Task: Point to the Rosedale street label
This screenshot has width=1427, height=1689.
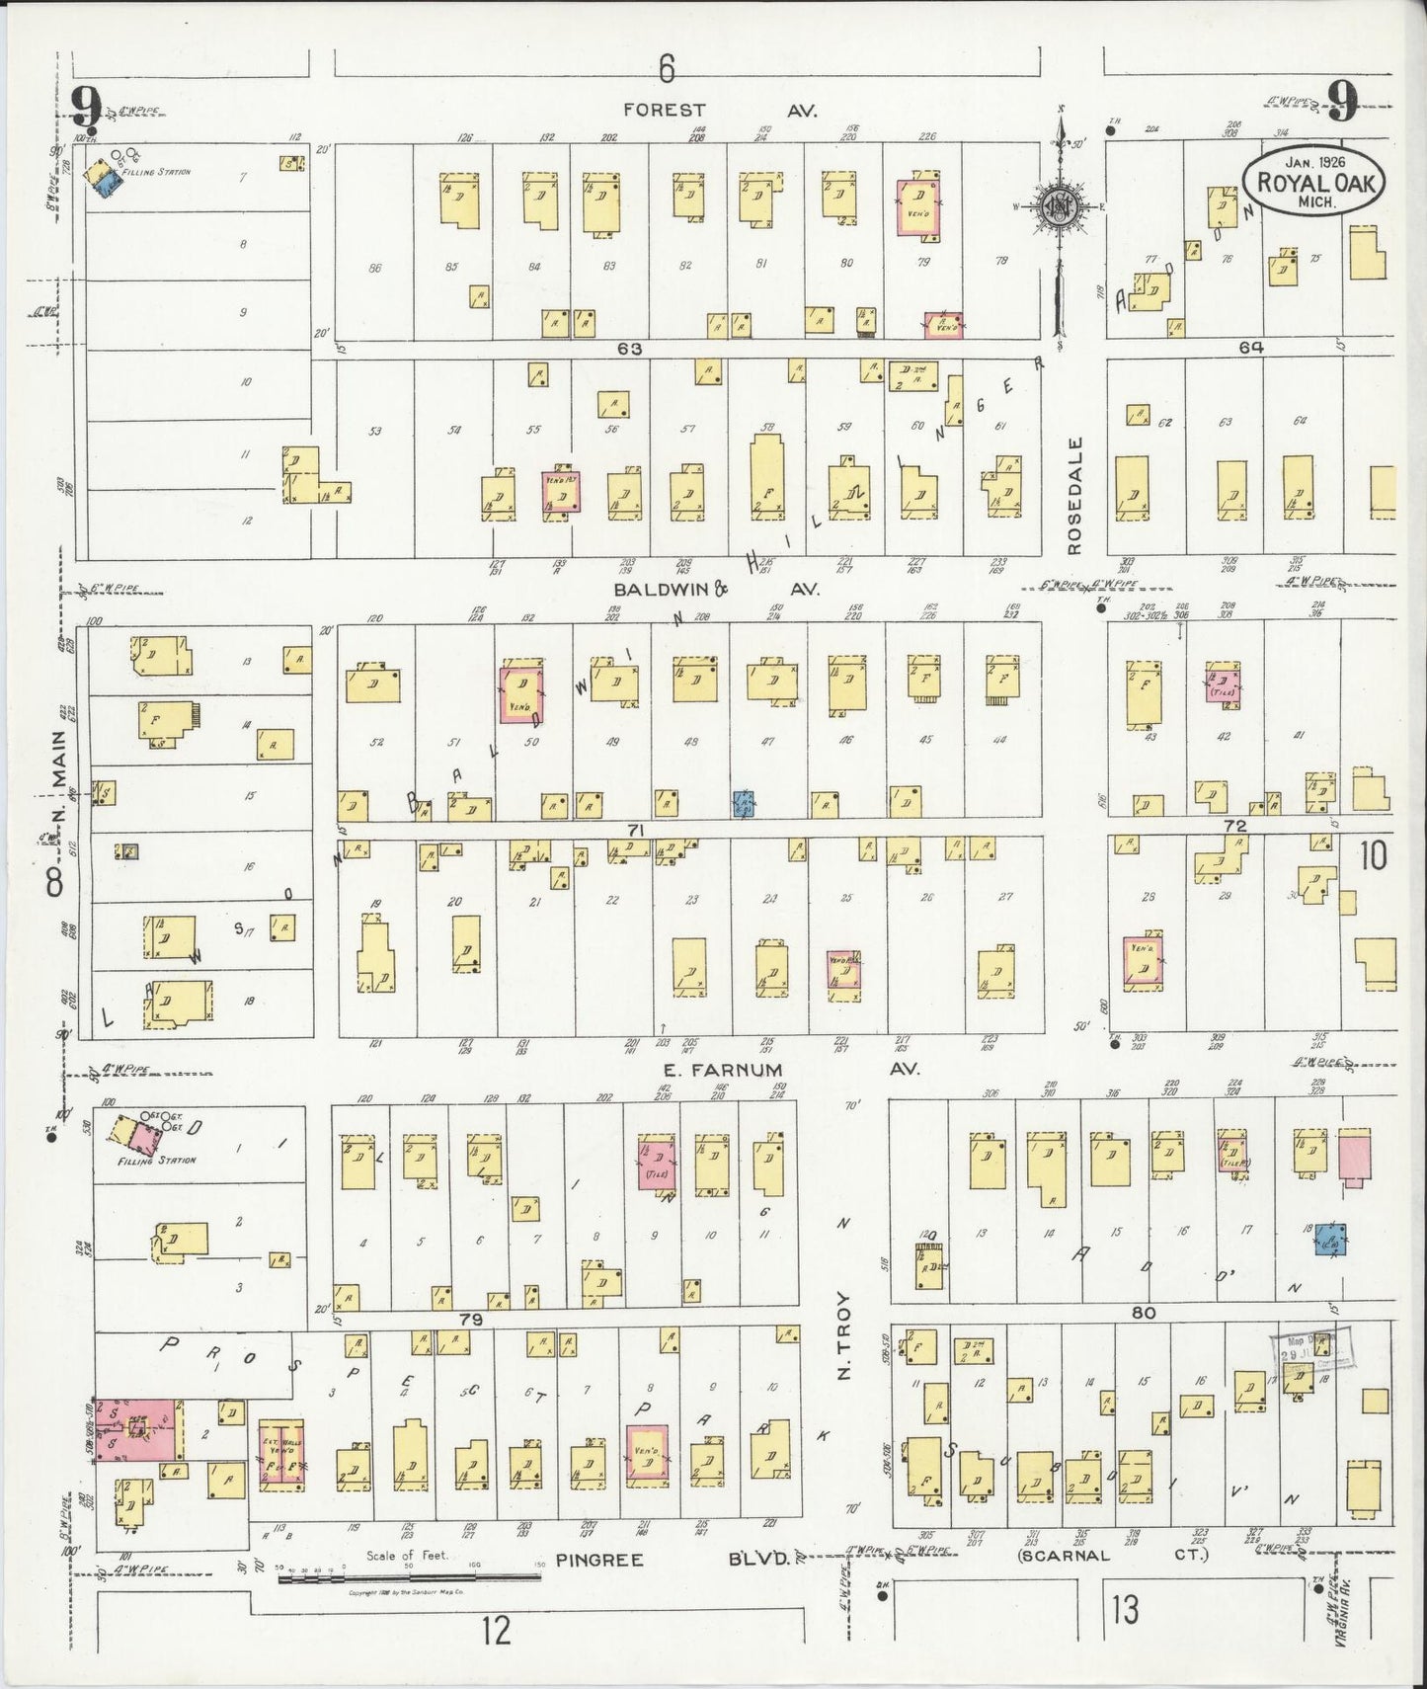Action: [x=1075, y=495]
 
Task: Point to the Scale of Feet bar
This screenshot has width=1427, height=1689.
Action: [x=410, y=1579]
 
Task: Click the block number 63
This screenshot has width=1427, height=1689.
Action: [x=631, y=349]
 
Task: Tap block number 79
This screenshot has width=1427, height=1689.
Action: [x=470, y=1320]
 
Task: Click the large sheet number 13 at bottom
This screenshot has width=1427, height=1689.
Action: [x=1124, y=1611]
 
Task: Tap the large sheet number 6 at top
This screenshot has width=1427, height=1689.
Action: [x=667, y=69]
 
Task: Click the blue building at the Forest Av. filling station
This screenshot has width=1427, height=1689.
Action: [x=103, y=187]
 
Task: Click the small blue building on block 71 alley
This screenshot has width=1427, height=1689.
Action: [x=745, y=805]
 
